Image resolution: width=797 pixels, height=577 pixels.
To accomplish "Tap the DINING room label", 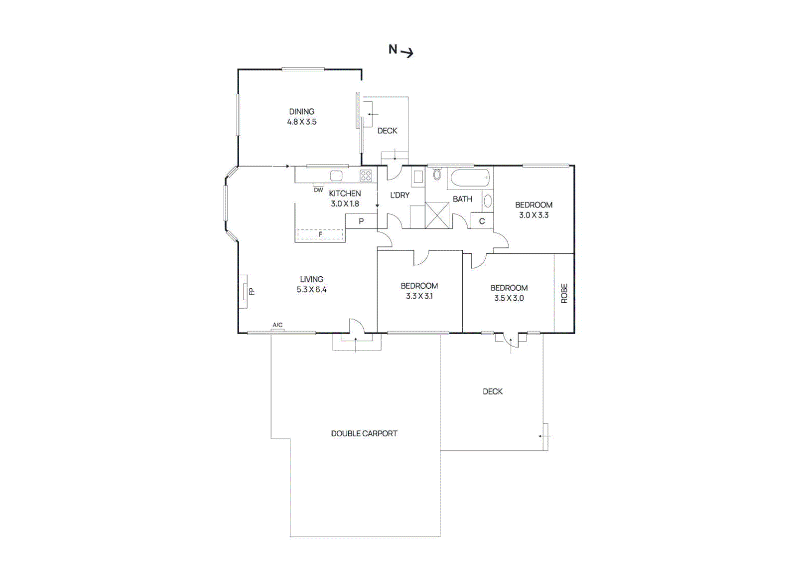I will point(301,112).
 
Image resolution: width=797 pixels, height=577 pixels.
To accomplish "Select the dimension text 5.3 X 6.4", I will point(311,290).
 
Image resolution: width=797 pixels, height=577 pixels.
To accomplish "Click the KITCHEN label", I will point(345,193).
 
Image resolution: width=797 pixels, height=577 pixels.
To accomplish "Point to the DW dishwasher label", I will point(318,190).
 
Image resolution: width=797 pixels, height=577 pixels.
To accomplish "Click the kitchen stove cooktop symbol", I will point(366,176).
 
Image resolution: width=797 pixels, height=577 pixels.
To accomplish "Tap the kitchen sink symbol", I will point(336,176).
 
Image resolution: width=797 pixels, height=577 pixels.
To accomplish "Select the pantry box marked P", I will point(361,221).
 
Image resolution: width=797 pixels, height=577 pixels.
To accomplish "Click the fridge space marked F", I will point(320,234).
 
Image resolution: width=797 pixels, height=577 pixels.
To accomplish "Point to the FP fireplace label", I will point(252,291).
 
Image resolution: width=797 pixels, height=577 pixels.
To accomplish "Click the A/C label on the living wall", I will point(277,325).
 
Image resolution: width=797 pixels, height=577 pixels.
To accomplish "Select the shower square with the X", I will point(437,215).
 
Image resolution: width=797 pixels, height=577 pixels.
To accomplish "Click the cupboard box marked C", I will point(482,221).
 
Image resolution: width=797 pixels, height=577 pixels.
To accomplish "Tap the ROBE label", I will point(564,293).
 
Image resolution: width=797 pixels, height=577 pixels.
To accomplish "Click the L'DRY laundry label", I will point(399,195).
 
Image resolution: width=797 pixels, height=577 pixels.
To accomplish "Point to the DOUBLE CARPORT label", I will point(364,433).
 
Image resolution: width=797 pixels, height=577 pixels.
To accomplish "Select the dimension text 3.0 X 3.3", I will point(533,215).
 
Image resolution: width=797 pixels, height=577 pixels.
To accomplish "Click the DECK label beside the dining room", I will point(387,131).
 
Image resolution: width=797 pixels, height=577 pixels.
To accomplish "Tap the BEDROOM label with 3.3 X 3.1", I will point(419,286).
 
